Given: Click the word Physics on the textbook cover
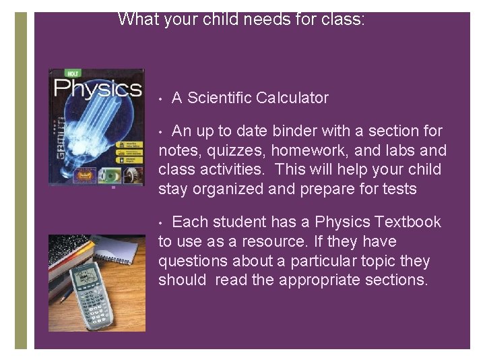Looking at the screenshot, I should tap(97, 89).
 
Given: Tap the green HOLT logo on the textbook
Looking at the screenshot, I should tap(71, 73).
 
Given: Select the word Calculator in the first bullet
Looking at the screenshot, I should tap(292, 98).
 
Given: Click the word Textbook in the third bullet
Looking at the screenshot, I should tap(408, 222).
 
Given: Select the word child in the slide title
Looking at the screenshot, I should tap(236, 19).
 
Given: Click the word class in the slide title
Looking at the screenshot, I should tap(342, 19).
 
